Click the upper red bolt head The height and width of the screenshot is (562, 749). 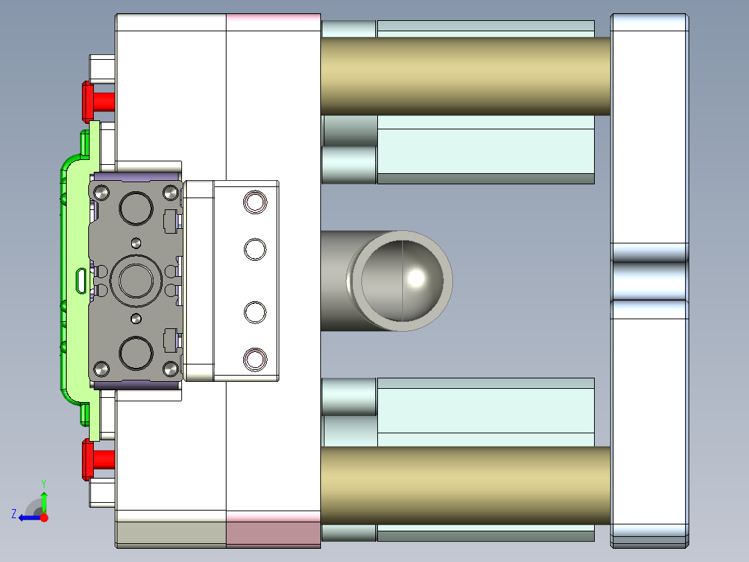(x=88, y=102)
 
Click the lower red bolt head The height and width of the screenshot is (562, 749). (x=88, y=459)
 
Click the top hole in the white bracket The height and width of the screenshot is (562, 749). (x=255, y=202)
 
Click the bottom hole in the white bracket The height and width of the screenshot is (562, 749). (x=255, y=359)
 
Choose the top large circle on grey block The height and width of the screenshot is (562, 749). (x=136, y=207)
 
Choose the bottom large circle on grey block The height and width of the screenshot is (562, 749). (x=136, y=353)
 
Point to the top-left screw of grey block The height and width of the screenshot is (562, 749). (x=101, y=192)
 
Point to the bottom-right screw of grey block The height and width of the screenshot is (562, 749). (x=170, y=367)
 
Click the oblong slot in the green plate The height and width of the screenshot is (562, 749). (x=81, y=280)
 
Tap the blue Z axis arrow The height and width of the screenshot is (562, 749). (x=26, y=517)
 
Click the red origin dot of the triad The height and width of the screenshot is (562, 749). (x=44, y=517)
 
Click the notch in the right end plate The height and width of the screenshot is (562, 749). (x=649, y=280)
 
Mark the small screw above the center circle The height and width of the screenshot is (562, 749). (x=136, y=242)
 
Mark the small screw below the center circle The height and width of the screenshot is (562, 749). (x=136, y=318)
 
